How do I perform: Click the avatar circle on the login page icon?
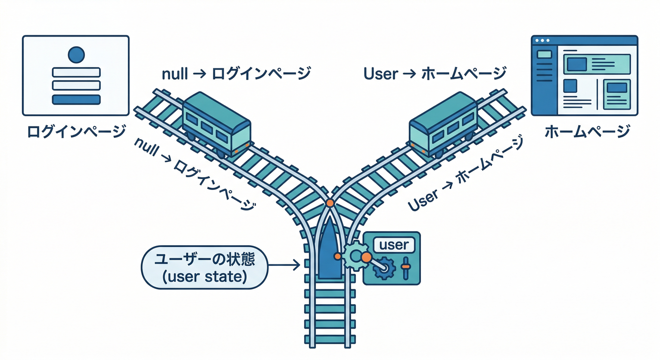pyautogui.click(x=75, y=55)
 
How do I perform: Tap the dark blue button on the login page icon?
pyautogui.click(x=76, y=99)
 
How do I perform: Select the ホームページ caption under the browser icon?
pyautogui.click(x=587, y=132)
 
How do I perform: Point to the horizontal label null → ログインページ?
pyautogui.click(x=236, y=74)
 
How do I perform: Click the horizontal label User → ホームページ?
pyautogui.click(x=435, y=74)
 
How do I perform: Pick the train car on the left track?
pyautogui.click(x=216, y=124)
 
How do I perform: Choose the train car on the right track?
pyautogui.click(x=443, y=124)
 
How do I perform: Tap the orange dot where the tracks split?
pyautogui.click(x=330, y=203)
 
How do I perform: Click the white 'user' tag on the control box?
pyautogui.click(x=393, y=245)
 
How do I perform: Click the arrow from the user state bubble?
pyautogui.click(x=283, y=266)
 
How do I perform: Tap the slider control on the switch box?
pyautogui.click(x=405, y=268)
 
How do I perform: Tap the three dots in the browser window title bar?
pyautogui.click(x=542, y=41)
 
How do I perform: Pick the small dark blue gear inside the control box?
pyautogui.click(x=385, y=269)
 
